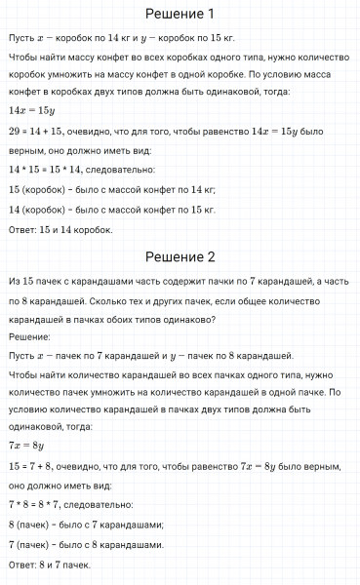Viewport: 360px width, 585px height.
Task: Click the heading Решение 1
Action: tap(179, 14)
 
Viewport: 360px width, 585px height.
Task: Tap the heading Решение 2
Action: tap(179, 257)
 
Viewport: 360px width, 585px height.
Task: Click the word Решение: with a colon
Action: tap(29, 336)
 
